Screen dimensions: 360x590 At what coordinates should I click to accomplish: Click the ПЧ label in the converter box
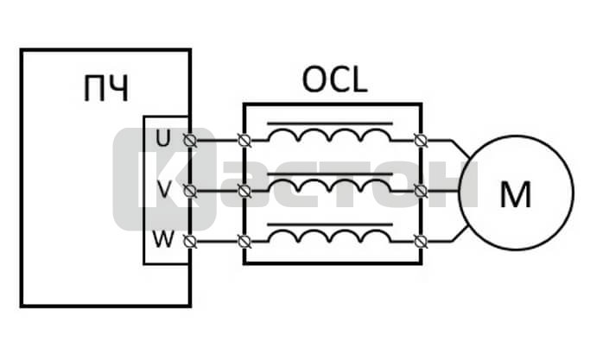click(x=105, y=90)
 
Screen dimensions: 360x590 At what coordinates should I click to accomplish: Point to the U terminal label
click(x=163, y=137)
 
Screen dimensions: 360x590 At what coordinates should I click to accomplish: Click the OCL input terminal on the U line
click(x=244, y=138)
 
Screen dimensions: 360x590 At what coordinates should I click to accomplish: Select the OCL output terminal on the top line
click(x=421, y=138)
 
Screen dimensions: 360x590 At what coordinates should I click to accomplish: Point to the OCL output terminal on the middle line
click(x=421, y=190)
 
